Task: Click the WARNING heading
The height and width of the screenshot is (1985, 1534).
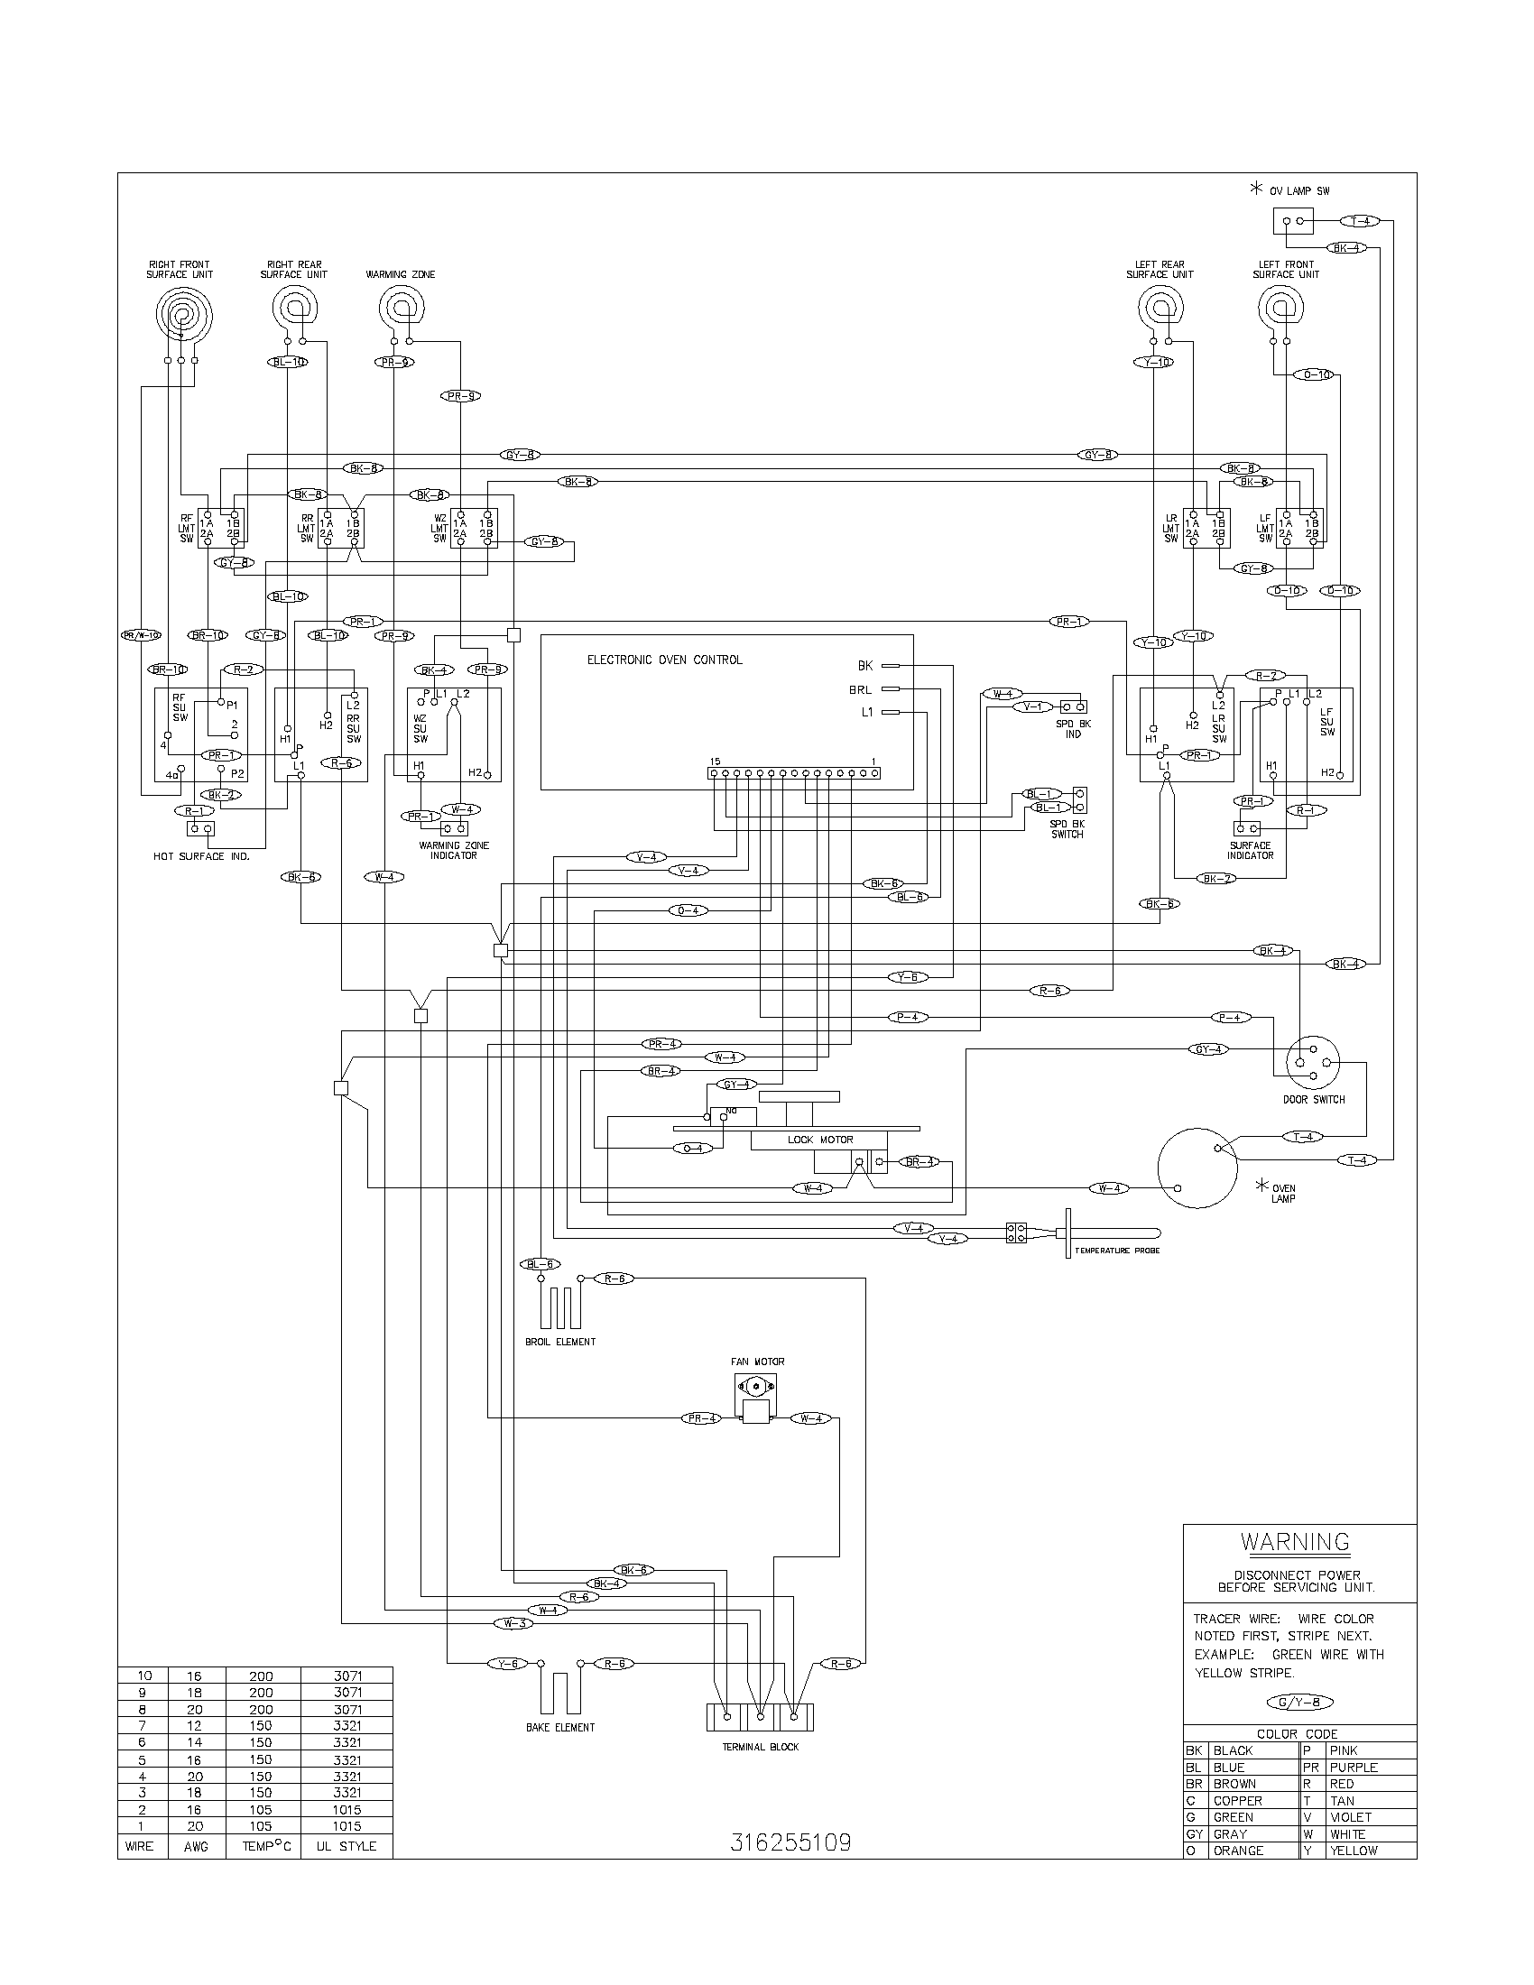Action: tap(1295, 1542)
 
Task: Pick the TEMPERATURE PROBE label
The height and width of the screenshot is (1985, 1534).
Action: tap(1117, 1251)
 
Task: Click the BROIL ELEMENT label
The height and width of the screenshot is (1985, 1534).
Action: tap(559, 1342)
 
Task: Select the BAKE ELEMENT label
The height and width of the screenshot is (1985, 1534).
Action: tap(559, 1728)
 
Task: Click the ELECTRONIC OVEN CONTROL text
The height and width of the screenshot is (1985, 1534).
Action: tap(664, 660)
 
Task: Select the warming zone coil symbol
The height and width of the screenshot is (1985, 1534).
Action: tap(401, 308)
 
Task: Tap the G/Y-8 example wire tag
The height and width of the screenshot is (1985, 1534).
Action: tap(1299, 1703)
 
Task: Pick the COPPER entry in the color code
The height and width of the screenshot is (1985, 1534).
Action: tap(1237, 1801)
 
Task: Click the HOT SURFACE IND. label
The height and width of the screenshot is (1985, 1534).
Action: tap(201, 856)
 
